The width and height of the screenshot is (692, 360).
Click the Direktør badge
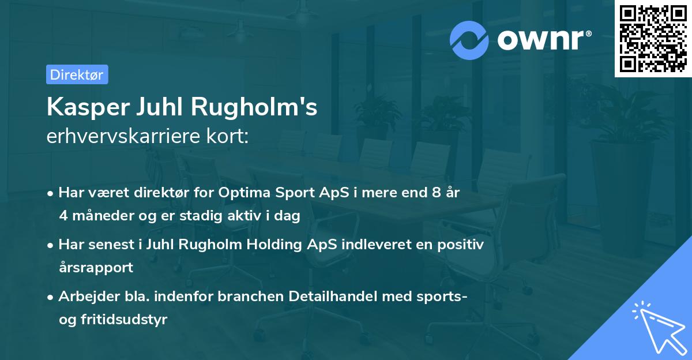77,74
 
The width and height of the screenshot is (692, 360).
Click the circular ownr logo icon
469,40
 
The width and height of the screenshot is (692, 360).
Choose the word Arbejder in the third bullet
84,297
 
